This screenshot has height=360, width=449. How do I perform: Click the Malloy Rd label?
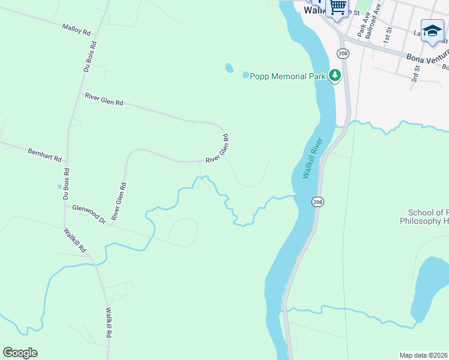tap(76, 28)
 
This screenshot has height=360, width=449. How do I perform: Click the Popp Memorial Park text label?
tap(288, 76)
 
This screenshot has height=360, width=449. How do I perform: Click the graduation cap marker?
tap(432, 31)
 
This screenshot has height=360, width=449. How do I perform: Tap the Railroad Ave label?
tap(373, 23)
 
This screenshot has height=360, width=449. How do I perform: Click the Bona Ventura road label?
tap(427, 59)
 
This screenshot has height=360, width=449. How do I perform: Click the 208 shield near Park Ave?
tap(342, 53)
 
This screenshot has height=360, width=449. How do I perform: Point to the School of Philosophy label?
tap(428, 217)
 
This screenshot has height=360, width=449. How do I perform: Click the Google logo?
tap(20, 353)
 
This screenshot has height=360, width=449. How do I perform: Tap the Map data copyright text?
tap(424, 355)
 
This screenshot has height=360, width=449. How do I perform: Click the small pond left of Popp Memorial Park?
tap(229, 68)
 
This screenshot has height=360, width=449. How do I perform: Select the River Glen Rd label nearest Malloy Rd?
tap(104, 99)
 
